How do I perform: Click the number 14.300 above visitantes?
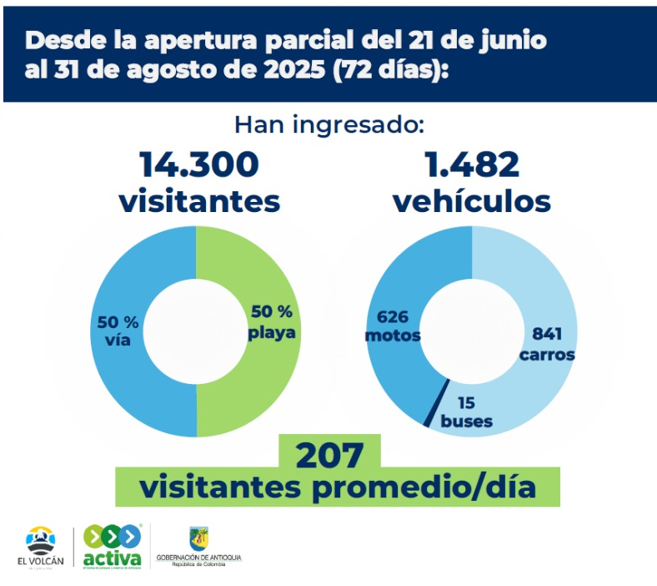[x=198, y=164]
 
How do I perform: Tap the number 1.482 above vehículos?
[x=472, y=164]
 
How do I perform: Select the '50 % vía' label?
[x=118, y=331]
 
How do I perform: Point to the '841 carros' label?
[x=546, y=343]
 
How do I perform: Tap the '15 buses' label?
[x=466, y=412]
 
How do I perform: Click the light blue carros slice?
[x=534, y=275]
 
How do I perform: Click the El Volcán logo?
[x=40, y=547]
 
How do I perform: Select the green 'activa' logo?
[x=112, y=547]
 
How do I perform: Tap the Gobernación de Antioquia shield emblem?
[x=198, y=538]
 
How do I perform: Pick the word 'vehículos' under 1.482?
[x=472, y=201]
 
